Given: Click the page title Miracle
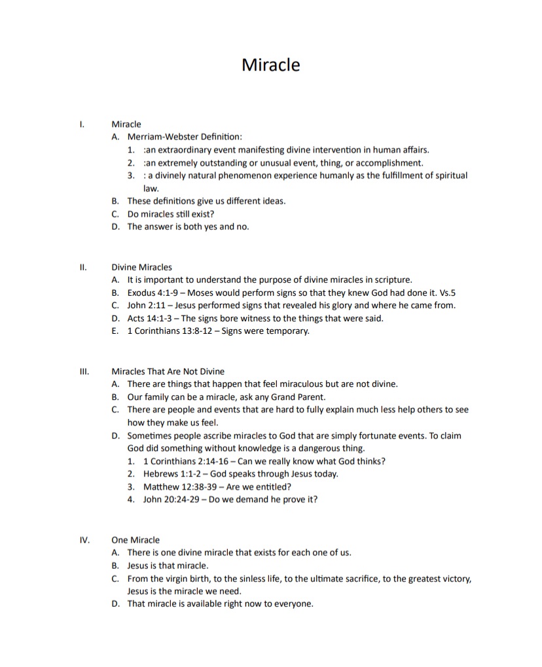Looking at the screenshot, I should (x=270, y=65).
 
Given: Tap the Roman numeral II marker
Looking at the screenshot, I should (x=83, y=267).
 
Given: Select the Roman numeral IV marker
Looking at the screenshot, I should (x=84, y=540).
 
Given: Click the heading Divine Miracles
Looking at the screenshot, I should (x=141, y=267).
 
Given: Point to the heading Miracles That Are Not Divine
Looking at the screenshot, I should (x=168, y=371).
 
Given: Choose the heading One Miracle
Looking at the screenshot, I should (x=135, y=540).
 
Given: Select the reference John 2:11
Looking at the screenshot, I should (x=145, y=305).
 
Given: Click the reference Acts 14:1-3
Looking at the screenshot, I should (x=148, y=318).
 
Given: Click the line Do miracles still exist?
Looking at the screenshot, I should (x=171, y=214).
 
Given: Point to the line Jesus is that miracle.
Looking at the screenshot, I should (x=168, y=566).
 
